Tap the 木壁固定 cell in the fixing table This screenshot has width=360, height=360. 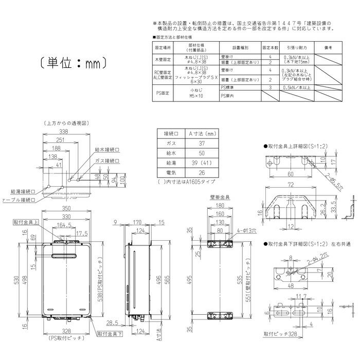tap(162, 59)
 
